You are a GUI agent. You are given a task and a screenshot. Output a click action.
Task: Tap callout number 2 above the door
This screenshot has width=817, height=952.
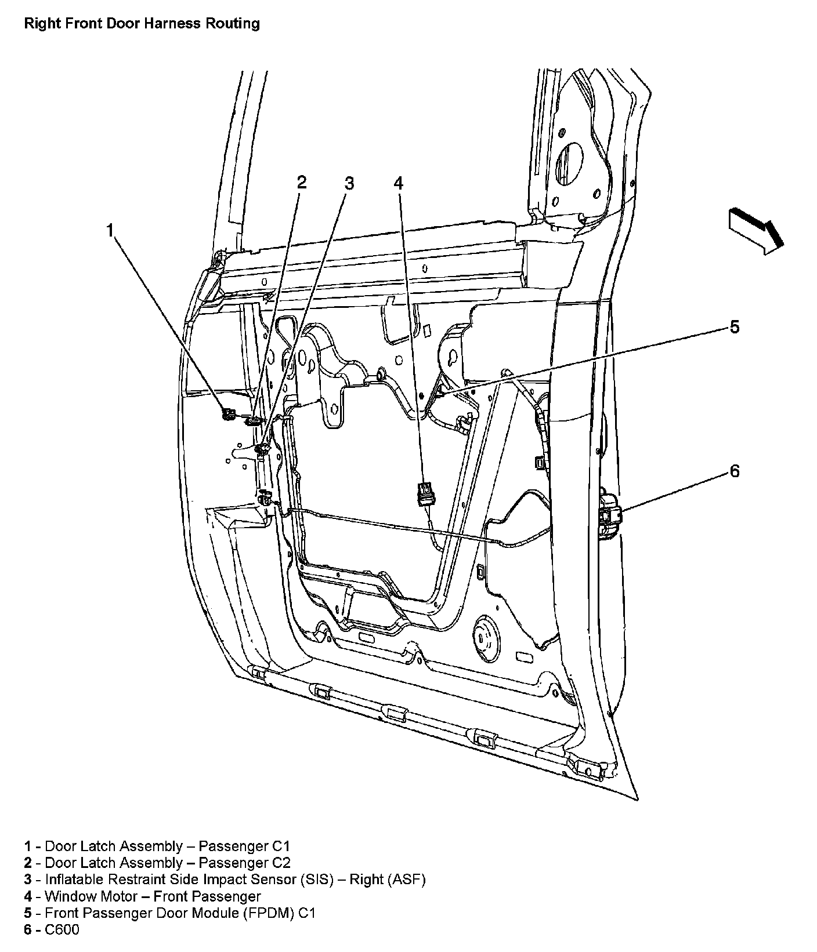tap(301, 183)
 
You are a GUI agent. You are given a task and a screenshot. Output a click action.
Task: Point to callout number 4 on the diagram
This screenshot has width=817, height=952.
tap(398, 183)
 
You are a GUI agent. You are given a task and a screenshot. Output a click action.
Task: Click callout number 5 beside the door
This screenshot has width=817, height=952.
tap(734, 327)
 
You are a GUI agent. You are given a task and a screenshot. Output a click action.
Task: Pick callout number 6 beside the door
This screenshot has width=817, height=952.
tap(734, 471)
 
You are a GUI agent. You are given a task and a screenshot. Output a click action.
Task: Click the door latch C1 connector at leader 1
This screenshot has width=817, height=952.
tap(227, 413)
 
